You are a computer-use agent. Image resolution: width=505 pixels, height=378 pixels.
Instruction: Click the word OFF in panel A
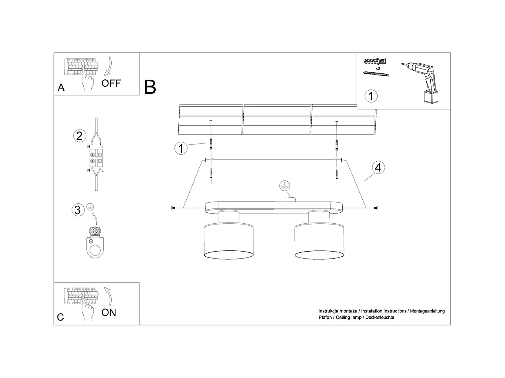111,83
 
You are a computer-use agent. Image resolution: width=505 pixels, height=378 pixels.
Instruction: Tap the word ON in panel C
109,312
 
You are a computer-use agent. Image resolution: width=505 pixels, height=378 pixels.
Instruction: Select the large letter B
150,87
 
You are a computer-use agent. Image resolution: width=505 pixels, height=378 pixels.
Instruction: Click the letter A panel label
61,87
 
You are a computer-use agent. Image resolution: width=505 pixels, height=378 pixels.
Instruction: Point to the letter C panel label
60,317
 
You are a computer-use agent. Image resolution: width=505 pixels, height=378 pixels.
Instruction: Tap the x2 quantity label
378,68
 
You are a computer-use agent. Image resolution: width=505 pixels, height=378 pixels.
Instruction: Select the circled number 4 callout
378,168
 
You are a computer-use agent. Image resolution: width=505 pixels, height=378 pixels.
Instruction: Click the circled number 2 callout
79,136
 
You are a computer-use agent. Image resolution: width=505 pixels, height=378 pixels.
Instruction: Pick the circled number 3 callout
77,210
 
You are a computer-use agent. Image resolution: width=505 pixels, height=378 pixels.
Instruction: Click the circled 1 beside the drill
371,95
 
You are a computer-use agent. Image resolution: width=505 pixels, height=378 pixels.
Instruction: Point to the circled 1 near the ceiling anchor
181,148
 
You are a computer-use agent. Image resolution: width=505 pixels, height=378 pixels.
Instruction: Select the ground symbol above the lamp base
284,186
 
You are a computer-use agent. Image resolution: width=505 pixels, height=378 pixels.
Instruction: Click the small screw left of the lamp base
173,208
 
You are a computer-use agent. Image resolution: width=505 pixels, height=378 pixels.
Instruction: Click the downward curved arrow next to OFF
107,66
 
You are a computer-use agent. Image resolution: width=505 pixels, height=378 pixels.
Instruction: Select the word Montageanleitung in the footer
427,311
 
